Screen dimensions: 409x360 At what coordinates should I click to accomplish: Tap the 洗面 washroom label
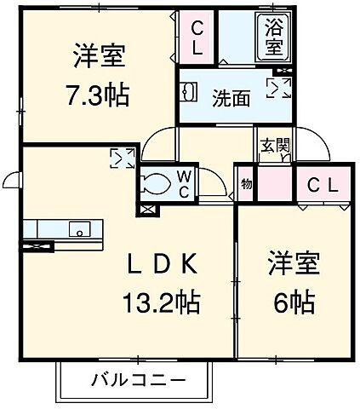(x=231, y=99)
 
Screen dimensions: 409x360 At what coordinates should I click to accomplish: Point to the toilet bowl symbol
(x=158, y=182)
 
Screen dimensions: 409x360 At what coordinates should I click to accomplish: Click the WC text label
(x=183, y=184)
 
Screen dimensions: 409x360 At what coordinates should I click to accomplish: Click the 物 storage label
(x=246, y=183)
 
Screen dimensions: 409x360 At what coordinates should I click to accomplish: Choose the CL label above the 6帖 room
(x=322, y=184)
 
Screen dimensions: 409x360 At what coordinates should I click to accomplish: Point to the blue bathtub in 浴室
(x=274, y=36)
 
